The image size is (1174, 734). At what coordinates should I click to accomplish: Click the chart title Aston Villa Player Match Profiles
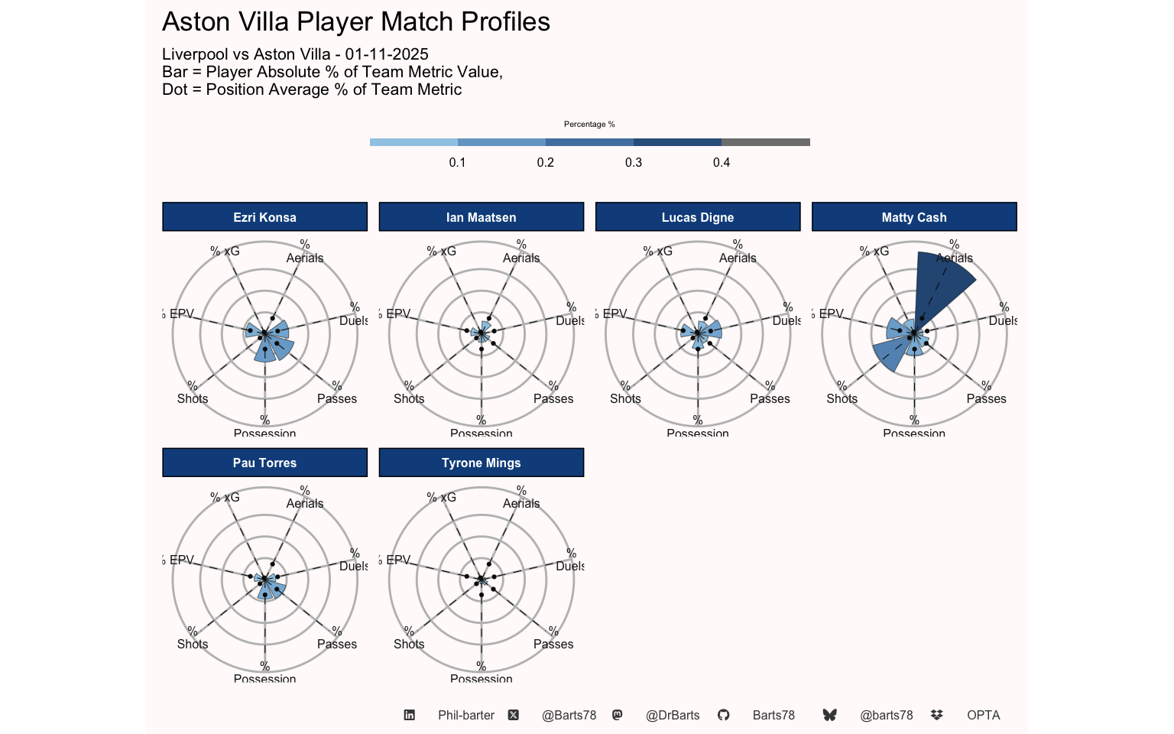tap(355, 22)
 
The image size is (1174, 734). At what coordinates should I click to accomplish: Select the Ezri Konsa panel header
tap(264, 217)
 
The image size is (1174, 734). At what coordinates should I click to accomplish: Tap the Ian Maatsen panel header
tap(481, 217)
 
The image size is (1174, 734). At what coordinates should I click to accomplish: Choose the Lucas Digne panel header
tap(697, 217)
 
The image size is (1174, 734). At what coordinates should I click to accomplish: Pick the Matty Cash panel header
tap(913, 217)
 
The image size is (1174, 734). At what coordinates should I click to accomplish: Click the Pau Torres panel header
tap(264, 463)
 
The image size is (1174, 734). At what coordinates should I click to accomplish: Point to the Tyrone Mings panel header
tap(481, 463)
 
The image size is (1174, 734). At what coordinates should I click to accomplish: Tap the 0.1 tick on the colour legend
tap(458, 162)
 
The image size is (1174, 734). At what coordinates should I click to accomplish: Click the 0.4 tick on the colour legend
tap(722, 162)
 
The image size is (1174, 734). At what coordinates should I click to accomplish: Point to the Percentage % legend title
tap(589, 124)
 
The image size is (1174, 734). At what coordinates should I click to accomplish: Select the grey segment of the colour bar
tap(765, 142)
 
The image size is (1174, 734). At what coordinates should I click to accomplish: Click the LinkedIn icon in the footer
tap(410, 715)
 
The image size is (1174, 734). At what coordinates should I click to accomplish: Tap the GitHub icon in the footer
tap(723, 715)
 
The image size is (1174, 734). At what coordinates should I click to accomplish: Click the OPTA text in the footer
tap(983, 715)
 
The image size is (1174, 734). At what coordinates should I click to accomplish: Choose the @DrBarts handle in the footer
tap(673, 715)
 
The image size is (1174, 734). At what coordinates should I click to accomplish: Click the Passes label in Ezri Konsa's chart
tap(337, 398)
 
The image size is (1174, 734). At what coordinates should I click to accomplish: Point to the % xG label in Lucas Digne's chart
tap(658, 251)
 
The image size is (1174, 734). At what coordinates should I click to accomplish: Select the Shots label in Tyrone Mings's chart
tap(409, 644)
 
